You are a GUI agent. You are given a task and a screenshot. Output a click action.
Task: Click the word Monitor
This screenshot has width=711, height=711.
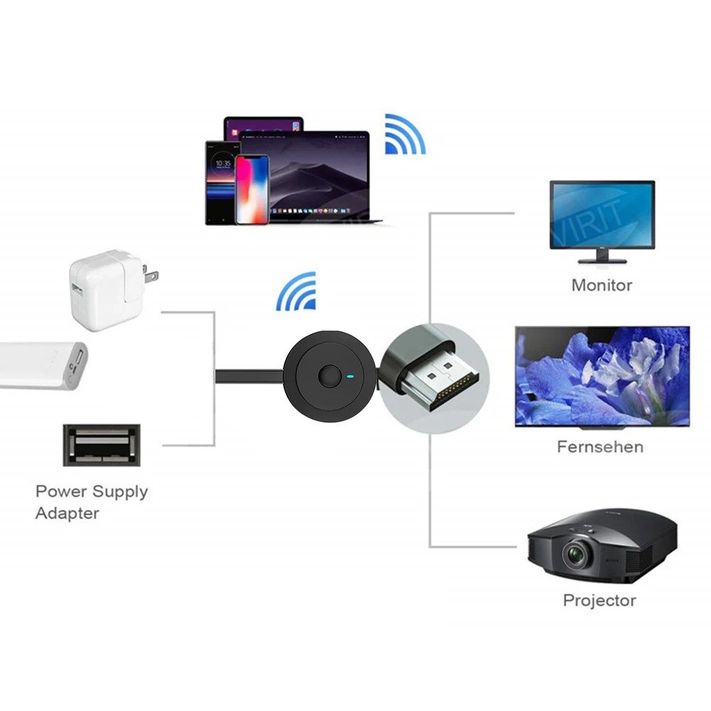click(602, 285)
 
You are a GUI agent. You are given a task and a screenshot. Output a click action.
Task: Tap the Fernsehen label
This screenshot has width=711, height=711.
click(600, 447)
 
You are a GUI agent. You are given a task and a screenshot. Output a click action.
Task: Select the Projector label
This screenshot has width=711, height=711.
click(599, 600)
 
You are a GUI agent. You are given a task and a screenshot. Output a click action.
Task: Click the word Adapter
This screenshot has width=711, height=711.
click(67, 513)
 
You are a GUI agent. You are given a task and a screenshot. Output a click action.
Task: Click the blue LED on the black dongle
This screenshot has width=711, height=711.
click(349, 376)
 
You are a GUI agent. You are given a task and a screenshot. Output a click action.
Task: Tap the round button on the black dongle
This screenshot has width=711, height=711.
click(328, 376)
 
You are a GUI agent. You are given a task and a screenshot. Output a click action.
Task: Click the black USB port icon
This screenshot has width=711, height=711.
click(102, 445)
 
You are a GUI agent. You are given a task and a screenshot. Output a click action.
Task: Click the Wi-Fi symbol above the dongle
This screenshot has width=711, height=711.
click(297, 292)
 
